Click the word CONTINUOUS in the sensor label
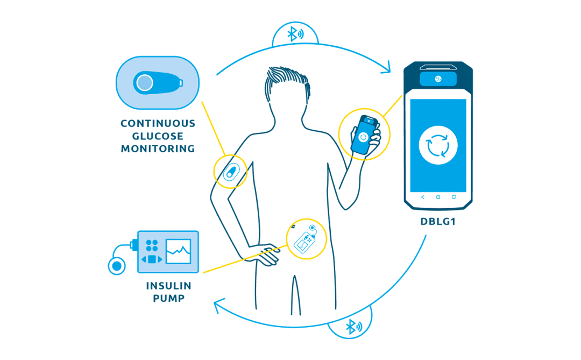pyautogui.click(x=158, y=124)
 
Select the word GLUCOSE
pyautogui.click(x=158, y=136)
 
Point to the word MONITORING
pyautogui.click(x=158, y=149)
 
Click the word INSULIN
pyautogui.click(x=168, y=285)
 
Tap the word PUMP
pyautogui.click(x=168, y=298)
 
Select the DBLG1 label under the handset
pyautogui.click(x=438, y=221)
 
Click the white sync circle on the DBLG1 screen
pyautogui.click(x=438, y=145)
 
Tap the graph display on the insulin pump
pyautogui.click(x=178, y=251)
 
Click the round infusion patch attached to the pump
pyautogui.click(x=116, y=265)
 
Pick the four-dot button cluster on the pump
pyautogui.click(x=152, y=245)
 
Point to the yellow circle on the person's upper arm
pyautogui.click(x=230, y=172)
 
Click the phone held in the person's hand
pyautogui.click(x=364, y=136)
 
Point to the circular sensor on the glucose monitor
pyautogui.click(x=144, y=82)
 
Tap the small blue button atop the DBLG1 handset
pyautogui.click(x=438, y=79)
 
